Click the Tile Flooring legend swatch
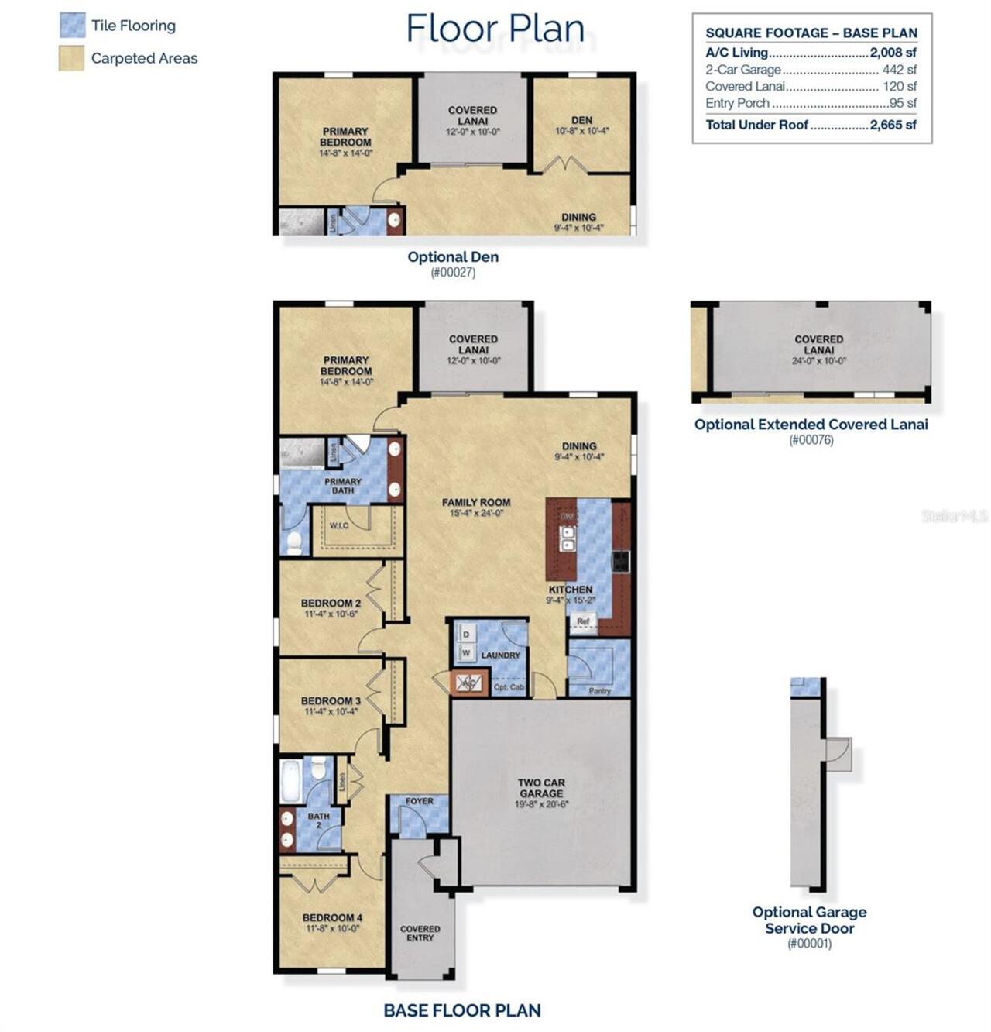click(72, 26)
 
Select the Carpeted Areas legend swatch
click(72, 58)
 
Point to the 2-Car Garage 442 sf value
click(899, 70)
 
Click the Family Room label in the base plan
click(475, 503)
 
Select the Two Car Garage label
click(541, 788)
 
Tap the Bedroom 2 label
click(331, 604)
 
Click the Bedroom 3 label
click(331, 701)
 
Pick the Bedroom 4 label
click(332, 918)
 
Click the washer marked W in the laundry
click(466, 653)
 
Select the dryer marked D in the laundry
click(466, 634)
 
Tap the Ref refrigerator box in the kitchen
click(583, 621)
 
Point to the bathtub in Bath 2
click(291, 782)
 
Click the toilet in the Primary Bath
click(294, 542)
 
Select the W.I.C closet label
click(339, 526)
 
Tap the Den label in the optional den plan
click(581, 120)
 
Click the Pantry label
click(599, 690)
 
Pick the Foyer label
click(420, 801)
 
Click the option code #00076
click(811, 440)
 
